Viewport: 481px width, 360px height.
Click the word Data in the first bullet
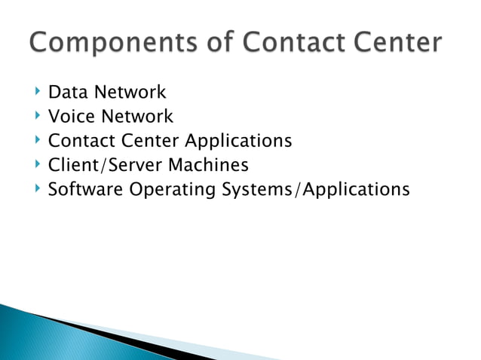[x=64, y=93]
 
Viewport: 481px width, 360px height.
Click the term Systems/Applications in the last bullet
[x=315, y=189]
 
